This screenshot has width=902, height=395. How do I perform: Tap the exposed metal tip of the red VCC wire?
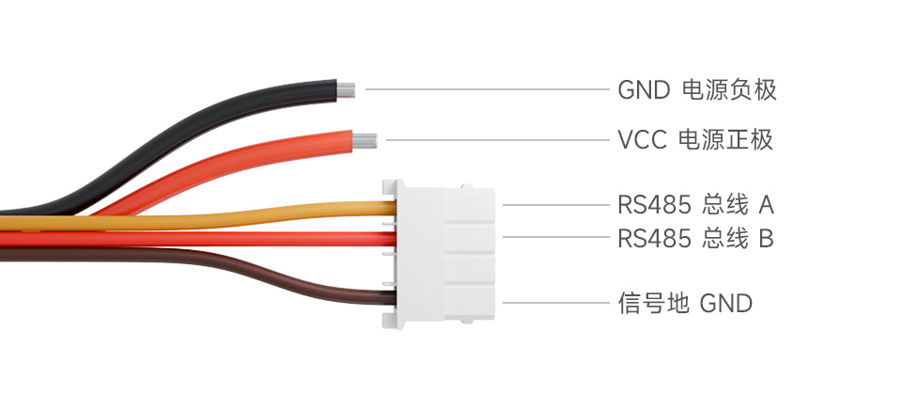click(x=366, y=141)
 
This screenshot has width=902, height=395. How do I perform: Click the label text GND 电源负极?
click(x=697, y=90)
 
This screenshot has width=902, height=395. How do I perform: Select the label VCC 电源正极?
click(x=695, y=141)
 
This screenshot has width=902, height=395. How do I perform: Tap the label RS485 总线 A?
click(x=695, y=204)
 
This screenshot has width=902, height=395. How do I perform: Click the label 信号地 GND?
click(x=685, y=303)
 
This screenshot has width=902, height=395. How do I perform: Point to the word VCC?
click(x=642, y=141)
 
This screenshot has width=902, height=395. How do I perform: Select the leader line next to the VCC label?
click(x=498, y=141)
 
